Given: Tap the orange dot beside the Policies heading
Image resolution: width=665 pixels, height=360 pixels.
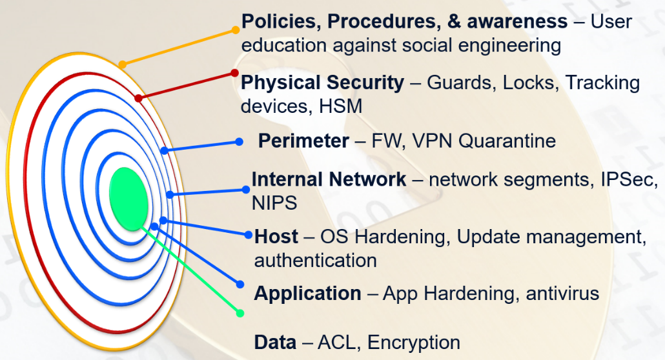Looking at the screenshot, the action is coord(236,30).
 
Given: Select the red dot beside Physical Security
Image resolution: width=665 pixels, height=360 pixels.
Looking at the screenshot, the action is coord(234,74).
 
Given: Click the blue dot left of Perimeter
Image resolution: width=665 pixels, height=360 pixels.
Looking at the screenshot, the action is coord(239,142).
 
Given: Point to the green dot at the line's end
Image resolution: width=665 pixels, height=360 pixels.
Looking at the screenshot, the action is coord(240,314).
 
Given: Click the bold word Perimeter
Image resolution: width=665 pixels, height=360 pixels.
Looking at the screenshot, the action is coord(303,141).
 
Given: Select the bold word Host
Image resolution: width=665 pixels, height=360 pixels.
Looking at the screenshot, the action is coord(276,237).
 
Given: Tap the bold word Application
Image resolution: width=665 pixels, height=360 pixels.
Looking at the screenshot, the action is coord(307,294).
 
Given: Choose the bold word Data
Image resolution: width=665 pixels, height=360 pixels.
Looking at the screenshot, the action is coord(275,342).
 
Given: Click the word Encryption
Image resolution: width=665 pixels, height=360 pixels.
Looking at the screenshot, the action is coord(414,343).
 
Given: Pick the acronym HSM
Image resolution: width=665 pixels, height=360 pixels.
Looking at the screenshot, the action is coord(340,106).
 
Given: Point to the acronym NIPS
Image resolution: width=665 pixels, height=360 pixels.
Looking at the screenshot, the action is coord(274,203).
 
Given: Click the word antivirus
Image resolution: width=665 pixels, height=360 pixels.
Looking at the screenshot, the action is coord(562,294).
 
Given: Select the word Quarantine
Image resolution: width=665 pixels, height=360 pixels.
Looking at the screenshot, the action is coord(507,141).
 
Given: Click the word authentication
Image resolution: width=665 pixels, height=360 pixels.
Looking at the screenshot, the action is coord(316,261).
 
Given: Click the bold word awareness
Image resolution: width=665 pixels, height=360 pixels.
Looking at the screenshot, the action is coord(517,22).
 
